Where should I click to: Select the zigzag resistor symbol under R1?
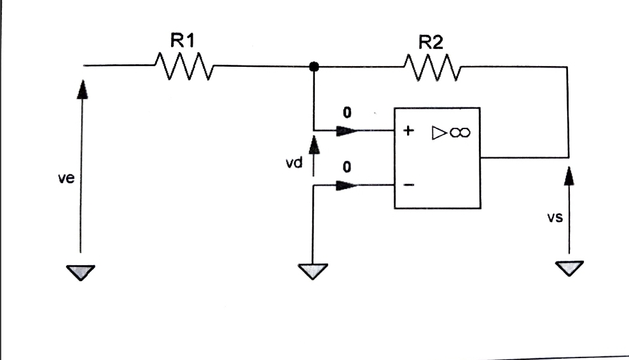point(184,66)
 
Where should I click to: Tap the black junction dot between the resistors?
point(313,66)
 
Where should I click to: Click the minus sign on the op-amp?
point(409,185)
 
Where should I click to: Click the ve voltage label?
point(66,179)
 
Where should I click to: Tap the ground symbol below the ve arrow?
point(81,273)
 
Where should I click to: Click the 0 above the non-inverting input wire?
point(347,113)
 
